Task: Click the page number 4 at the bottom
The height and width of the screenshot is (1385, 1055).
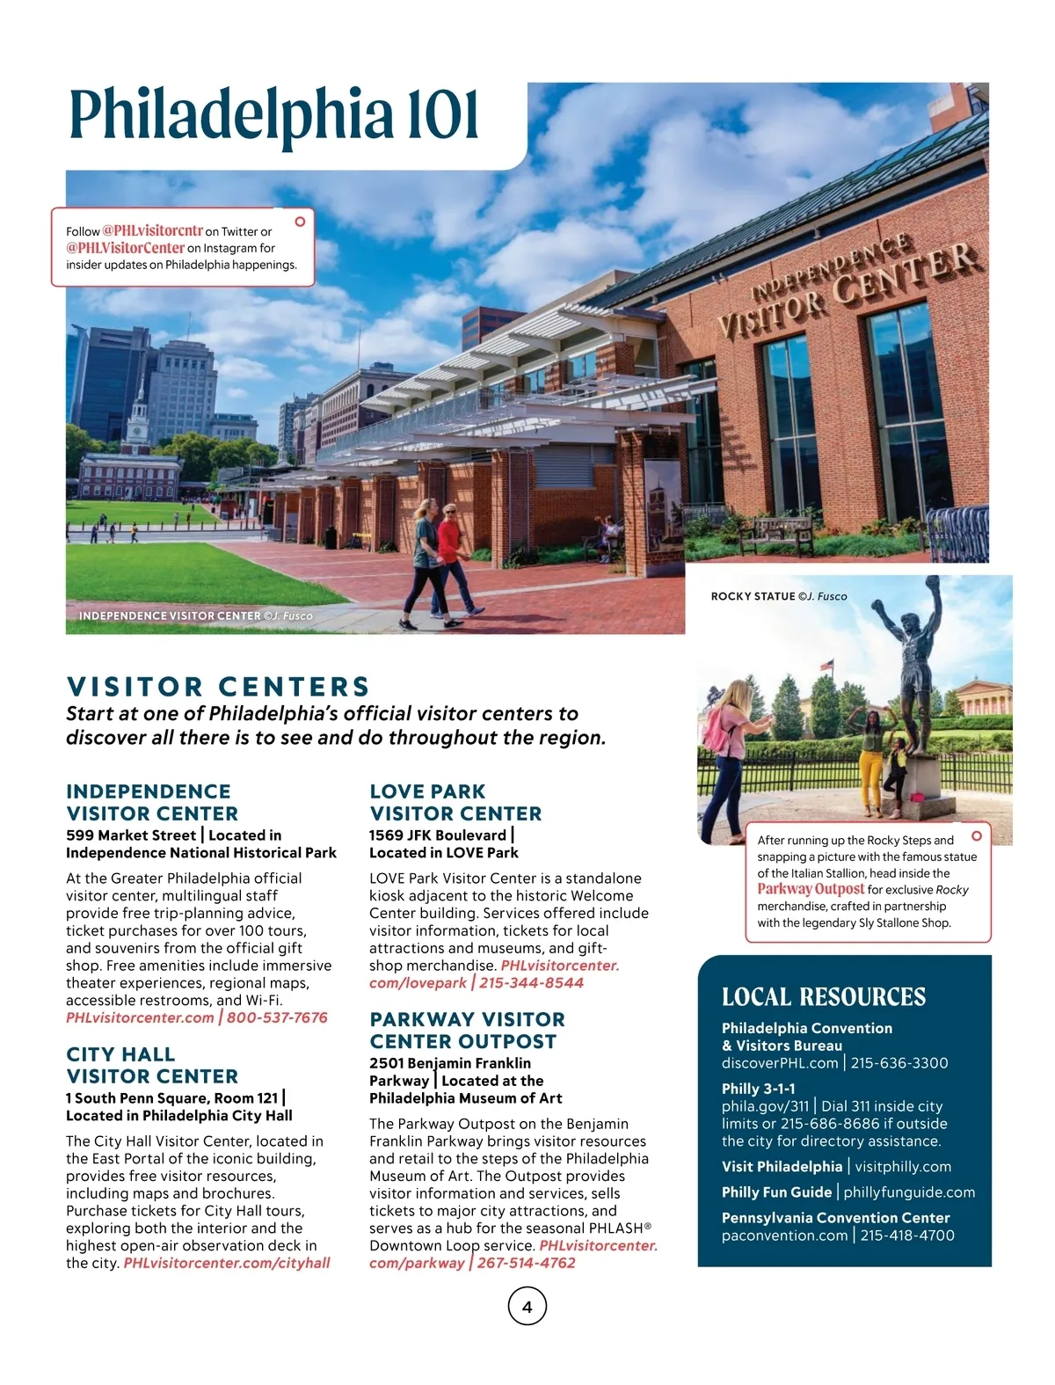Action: point(527,1307)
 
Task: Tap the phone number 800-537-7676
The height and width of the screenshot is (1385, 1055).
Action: point(277,1017)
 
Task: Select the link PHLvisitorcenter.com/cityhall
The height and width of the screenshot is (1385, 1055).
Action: point(227,1263)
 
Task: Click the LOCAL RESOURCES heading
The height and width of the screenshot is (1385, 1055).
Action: point(824,996)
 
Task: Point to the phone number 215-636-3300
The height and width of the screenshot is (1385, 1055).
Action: point(899,1062)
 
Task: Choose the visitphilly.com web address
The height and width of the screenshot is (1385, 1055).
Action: point(903,1167)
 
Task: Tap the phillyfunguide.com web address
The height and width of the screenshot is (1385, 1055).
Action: point(909,1192)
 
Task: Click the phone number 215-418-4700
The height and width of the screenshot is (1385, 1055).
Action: point(907,1236)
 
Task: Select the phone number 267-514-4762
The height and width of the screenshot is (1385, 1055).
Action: point(527,1263)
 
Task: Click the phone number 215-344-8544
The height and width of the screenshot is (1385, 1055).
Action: point(531,982)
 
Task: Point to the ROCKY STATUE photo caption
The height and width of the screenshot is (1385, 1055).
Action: point(779,596)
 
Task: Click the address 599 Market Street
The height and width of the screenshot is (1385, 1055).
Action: point(131,835)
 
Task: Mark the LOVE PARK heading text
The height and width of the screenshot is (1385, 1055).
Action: point(427,791)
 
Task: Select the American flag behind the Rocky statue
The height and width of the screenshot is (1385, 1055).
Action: point(826,666)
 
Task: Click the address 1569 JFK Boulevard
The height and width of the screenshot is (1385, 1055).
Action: point(438,835)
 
